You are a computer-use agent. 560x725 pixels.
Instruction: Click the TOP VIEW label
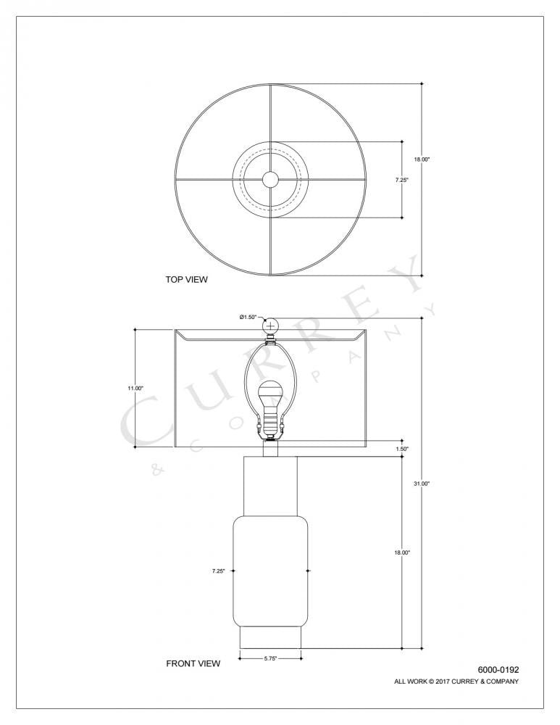click(x=187, y=279)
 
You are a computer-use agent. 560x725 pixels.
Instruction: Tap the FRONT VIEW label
click(x=193, y=663)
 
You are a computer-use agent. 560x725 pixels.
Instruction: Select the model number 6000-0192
click(x=498, y=670)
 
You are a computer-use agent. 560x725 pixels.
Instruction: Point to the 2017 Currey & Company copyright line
click(x=456, y=681)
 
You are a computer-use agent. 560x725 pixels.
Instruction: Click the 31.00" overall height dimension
click(x=422, y=484)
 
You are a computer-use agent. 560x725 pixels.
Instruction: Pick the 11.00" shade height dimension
click(x=135, y=389)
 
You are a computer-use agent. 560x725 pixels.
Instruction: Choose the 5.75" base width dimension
click(x=269, y=658)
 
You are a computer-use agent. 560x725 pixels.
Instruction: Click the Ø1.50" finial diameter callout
click(x=248, y=318)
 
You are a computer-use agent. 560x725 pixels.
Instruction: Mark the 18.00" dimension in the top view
click(x=422, y=159)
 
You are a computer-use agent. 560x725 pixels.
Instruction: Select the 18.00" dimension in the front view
click(x=402, y=552)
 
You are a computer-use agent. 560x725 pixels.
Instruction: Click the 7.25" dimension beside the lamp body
click(x=218, y=571)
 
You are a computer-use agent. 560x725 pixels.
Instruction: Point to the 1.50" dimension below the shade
click(x=402, y=449)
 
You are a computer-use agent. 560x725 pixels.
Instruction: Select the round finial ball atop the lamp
click(x=270, y=326)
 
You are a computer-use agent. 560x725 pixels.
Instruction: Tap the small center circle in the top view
click(x=270, y=179)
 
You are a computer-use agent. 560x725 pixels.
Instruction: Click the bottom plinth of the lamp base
click(x=270, y=638)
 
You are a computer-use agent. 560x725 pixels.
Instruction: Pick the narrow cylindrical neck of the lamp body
click(x=270, y=484)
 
